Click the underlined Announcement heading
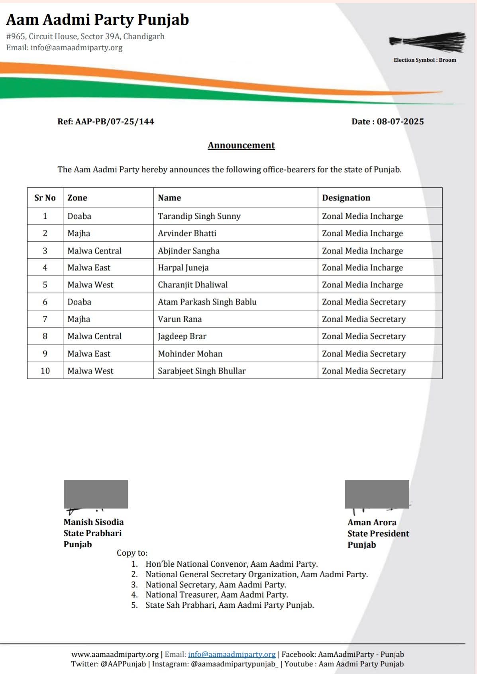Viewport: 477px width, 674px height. pyautogui.click(x=241, y=145)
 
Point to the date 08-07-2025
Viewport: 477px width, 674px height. pyautogui.click(x=400, y=122)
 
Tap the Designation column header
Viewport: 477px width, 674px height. pyautogui.click(x=346, y=198)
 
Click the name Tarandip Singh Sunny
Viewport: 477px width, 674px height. pyautogui.click(x=199, y=216)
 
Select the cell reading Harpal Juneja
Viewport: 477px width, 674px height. pyautogui.click(x=183, y=267)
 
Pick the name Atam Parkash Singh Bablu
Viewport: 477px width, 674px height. pyautogui.click(x=207, y=302)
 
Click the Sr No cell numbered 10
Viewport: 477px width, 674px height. pyautogui.click(x=45, y=371)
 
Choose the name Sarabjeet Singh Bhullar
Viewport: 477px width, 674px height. pyautogui.click(x=202, y=371)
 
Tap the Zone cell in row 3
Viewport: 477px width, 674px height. pyautogui.click(x=94, y=251)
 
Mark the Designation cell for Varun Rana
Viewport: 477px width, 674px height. pyautogui.click(x=363, y=319)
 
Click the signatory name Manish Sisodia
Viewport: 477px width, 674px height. pyautogui.click(x=94, y=522)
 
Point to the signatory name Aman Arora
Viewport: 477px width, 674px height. pyautogui.click(x=372, y=522)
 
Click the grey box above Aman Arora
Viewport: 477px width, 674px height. pyautogui.click(x=377, y=494)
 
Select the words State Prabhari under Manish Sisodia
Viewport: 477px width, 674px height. pyautogui.click(x=92, y=533)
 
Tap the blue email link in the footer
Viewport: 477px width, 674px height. pyautogui.click(x=232, y=654)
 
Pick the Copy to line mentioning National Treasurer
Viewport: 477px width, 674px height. pyautogui.click(x=216, y=595)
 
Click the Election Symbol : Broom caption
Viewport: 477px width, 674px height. pyautogui.click(x=425, y=60)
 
